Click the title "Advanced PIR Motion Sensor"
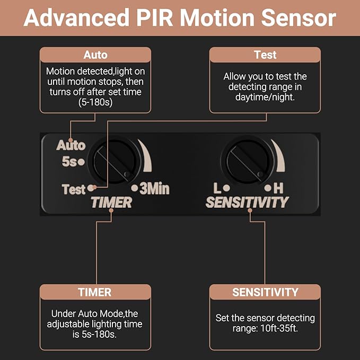pyautogui.click(x=180, y=18)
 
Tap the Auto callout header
pyautogui.click(x=95, y=55)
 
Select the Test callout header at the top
pyautogui.click(x=265, y=55)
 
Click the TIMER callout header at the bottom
pyautogui.click(x=95, y=292)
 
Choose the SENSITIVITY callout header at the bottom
pyautogui.click(x=265, y=292)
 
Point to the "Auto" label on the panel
pyautogui.click(x=71, y=145)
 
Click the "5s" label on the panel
pyautogui.click(x=69, y=162)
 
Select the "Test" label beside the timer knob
pyautogui.click(x=74, y=189)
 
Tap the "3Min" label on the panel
pyautogui.click(x=154, y=189)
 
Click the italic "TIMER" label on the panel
pyautogui.click(x=111, y=202)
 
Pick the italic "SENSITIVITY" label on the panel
pyautogui.click(x=247, y=202)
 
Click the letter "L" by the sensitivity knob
pyautogui.click(x=217, y=188)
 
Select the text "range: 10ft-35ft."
pyautogui.click(x=265, y=328)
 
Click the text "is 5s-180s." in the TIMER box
pyautogui.click(x=95, y=333)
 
